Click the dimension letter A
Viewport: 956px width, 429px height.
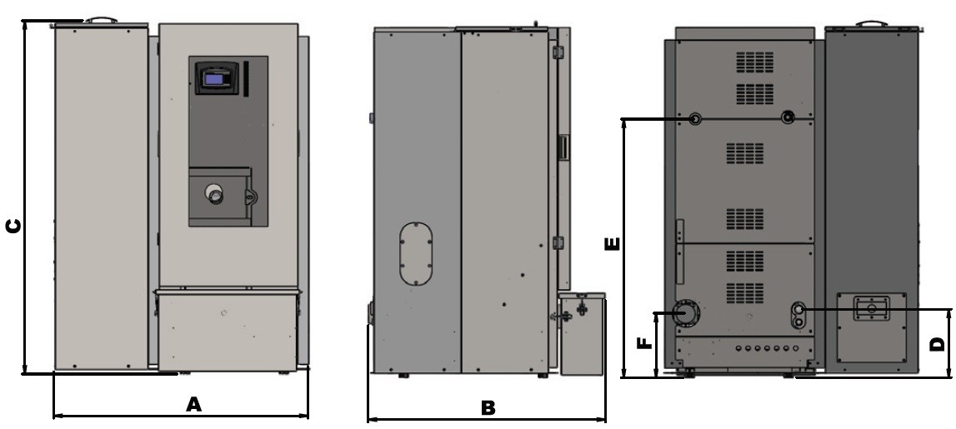tap(193, 404)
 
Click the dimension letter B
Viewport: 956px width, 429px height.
tap(488, 407)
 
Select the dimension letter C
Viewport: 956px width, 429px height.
tap(13, 226)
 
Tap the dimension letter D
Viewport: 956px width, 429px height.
tap(937, 344)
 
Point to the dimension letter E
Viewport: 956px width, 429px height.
tap(612, 244)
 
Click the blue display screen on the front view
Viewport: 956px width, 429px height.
tap(214, 78)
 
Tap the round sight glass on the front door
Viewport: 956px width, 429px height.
tap(214, 194)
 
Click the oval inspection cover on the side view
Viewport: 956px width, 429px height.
tap(416, 254)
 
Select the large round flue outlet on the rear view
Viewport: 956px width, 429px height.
tap(687, 314)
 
